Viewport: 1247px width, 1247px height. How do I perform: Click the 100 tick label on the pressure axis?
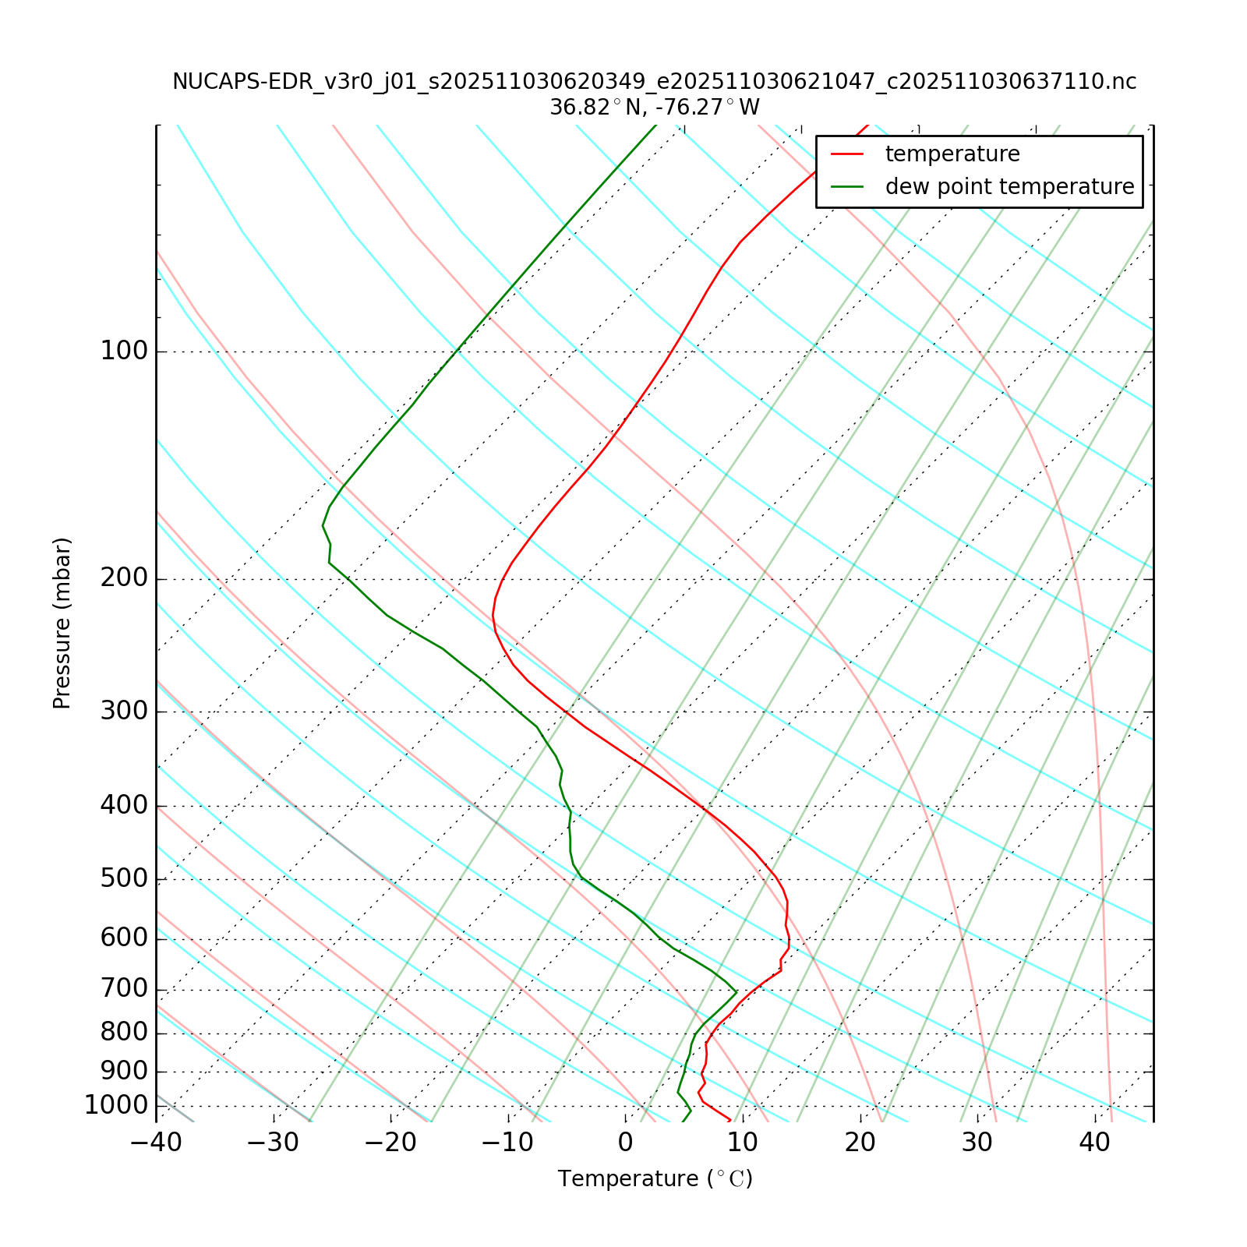[x=124, y=351]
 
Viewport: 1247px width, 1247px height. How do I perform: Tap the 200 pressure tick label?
[x=124, y=578]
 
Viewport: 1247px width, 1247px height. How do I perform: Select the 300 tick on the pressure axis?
[x=124, y=712]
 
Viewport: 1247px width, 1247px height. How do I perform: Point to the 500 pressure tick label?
[x=124, y=878]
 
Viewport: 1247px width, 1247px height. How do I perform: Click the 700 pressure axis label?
[x=124, y=989]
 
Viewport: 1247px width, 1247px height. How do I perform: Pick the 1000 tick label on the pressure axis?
[x=116, y=1105]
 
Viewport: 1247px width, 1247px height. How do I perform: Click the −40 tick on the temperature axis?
[x=156, y=1143]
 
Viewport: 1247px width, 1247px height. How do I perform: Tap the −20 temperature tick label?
[x=390, y=1143]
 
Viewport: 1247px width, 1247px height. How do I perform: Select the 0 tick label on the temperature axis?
[x=625, y=1143]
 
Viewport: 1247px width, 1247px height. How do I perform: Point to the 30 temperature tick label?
[x=977, y=1143]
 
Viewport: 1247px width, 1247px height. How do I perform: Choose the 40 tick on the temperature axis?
[x=1094, y=1143]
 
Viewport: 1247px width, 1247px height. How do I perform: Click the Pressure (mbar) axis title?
[x=62, y=623]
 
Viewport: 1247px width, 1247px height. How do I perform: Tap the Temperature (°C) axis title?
[x=655, y=1179]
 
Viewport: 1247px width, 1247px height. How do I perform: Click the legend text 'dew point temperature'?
[x=1009, y=187]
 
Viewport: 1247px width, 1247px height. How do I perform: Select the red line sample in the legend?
[x=847, y=154]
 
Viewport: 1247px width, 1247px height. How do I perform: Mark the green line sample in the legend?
[x=847, y=187]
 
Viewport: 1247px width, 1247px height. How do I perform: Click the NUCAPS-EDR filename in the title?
[x=654, y=82]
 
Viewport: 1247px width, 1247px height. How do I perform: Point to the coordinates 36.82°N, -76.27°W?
[x=654, y=108]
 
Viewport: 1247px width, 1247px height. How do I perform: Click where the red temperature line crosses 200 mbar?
[x=500, y=579]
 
